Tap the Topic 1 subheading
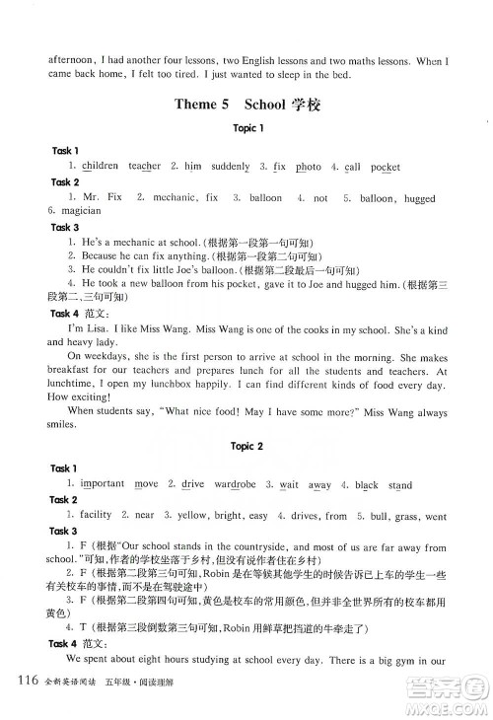tap(246, 128)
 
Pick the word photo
tap(308, 167)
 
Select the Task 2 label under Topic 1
tap(65, 182)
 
